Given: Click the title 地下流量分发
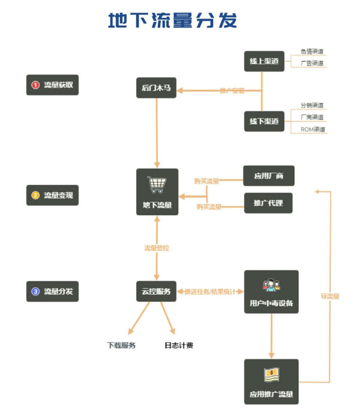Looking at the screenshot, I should tap(173, 20).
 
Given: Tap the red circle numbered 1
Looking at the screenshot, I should tap(35, 85).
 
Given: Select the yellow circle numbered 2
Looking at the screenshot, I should tap(35, 195).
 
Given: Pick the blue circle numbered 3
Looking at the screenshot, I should tap(35, 292).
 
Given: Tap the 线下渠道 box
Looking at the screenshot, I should tap(265, 122).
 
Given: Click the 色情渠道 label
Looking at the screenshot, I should tap(312, 51).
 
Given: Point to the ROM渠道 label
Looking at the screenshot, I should tap(312, 130).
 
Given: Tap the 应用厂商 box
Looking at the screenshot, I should tap(269, 176).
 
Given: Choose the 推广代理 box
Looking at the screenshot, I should tap(269, 203).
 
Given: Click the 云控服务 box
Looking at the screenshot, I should tap(157, 292).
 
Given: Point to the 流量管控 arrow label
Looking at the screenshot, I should tap(157, 247).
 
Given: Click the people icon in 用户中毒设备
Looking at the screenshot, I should tap(271, 284).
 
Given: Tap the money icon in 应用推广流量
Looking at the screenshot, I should tap(271, 375).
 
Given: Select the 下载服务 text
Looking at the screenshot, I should tap(121, 345).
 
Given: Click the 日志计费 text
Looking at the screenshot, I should tap(179, 345).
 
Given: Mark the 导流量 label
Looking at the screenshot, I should tap(329, 296).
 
